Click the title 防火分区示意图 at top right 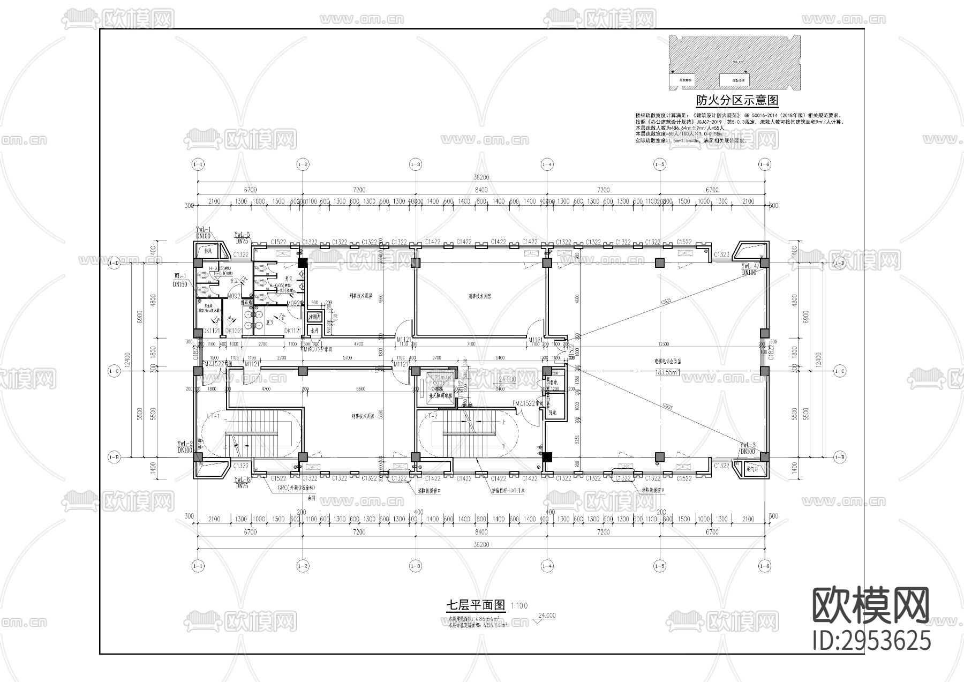[x=736, y=100]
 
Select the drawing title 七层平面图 [x=476, y=605]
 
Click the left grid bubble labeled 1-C [x=114, y=371]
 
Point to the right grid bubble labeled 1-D [x=840, y=263]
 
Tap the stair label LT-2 [x=432, y=416]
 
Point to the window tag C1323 [x=721, y=254]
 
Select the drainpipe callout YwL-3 [x=748, y=445]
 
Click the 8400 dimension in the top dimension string [x=481, y=190]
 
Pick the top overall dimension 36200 [x=481, y=177]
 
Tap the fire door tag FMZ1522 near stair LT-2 [x=525, y=402]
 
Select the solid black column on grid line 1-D [x=303, y=263]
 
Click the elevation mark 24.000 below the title [x=546, y=616]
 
